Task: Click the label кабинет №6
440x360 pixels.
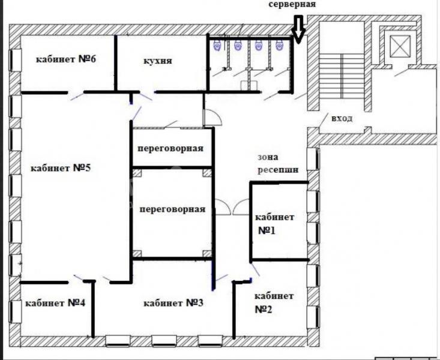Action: click(66, 59)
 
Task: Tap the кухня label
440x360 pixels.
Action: click(158, 61)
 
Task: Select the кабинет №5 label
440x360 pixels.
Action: click(61, 168)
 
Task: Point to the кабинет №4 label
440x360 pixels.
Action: click(55, 303)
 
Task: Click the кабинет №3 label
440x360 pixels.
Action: click(173, 303)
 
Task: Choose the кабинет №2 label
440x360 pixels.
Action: click(274, 302)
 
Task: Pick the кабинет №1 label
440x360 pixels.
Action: click(274, 224)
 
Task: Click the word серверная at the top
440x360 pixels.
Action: click(292, 4)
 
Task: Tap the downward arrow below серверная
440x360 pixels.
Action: click(298, 29)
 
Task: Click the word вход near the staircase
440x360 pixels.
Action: click(342, 118)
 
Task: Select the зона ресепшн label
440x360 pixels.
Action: click(278, 164)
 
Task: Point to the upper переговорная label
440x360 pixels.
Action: click(170, 148)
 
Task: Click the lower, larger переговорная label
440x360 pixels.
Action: click(172, 209)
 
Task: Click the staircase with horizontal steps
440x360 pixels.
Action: click(342, 76)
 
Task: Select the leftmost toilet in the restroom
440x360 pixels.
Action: click(217, 45)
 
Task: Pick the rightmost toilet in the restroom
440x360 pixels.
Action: click(279, 45)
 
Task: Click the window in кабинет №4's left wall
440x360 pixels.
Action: click(15, 311)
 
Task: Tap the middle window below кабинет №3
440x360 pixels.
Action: click(164, 341)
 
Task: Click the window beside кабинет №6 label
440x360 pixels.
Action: click(15, 61)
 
